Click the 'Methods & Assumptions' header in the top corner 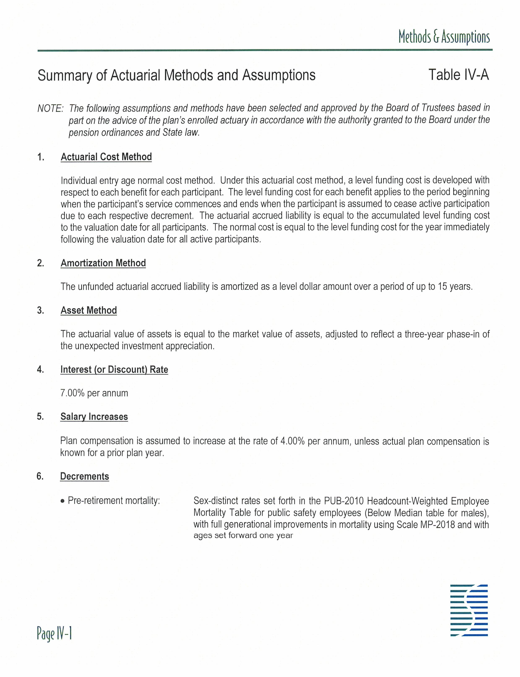click(444, 37)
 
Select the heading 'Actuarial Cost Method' click(106, 157)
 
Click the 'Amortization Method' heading click(103, 263)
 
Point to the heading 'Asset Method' click(89, 310)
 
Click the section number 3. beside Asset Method click(40, 310)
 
